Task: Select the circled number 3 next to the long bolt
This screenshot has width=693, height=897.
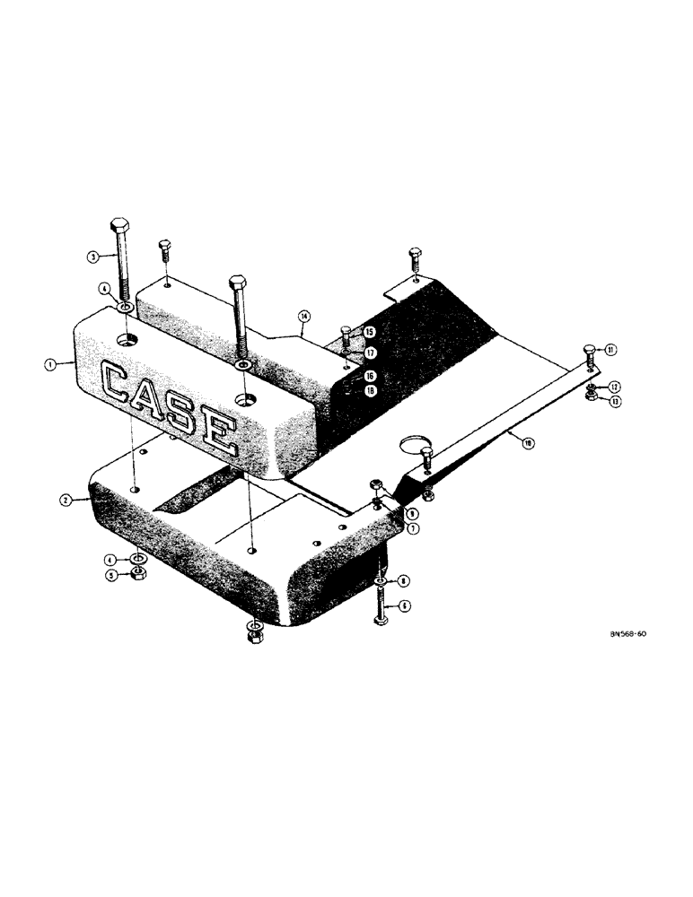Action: click(92, 256)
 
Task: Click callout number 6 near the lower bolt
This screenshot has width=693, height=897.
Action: click(405, 606)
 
